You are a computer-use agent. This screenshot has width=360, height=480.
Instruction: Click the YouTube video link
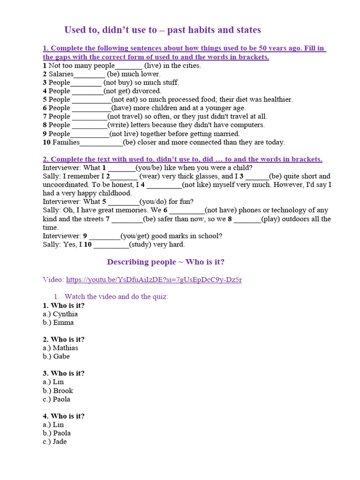[x=154, y=280]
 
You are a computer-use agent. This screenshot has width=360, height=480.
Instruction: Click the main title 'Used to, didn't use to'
[x=162, y=30]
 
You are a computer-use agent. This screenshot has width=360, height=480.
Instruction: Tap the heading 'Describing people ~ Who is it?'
[x=169, y=262]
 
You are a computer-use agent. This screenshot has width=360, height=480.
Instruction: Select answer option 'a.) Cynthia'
[x=60, y=314]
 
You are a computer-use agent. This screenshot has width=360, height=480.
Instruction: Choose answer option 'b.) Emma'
[x=58, y=322]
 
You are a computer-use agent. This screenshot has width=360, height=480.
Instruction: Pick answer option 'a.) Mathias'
[x=60, y=348]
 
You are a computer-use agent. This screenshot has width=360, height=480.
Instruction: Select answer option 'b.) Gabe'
[x=56, y=356]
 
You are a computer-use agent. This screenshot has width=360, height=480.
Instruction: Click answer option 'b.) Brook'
[x=58, y=390]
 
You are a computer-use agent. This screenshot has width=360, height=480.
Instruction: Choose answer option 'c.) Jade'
[x=55, y=442]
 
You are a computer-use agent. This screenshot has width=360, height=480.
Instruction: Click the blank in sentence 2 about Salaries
[x=90, y=75]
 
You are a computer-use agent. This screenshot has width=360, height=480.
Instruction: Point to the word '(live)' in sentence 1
[x=153, y=66]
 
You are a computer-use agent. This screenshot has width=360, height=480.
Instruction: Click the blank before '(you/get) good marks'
[x=105, y=236]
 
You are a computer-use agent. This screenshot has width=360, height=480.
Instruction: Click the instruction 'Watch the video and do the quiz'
[x=116, y=297]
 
